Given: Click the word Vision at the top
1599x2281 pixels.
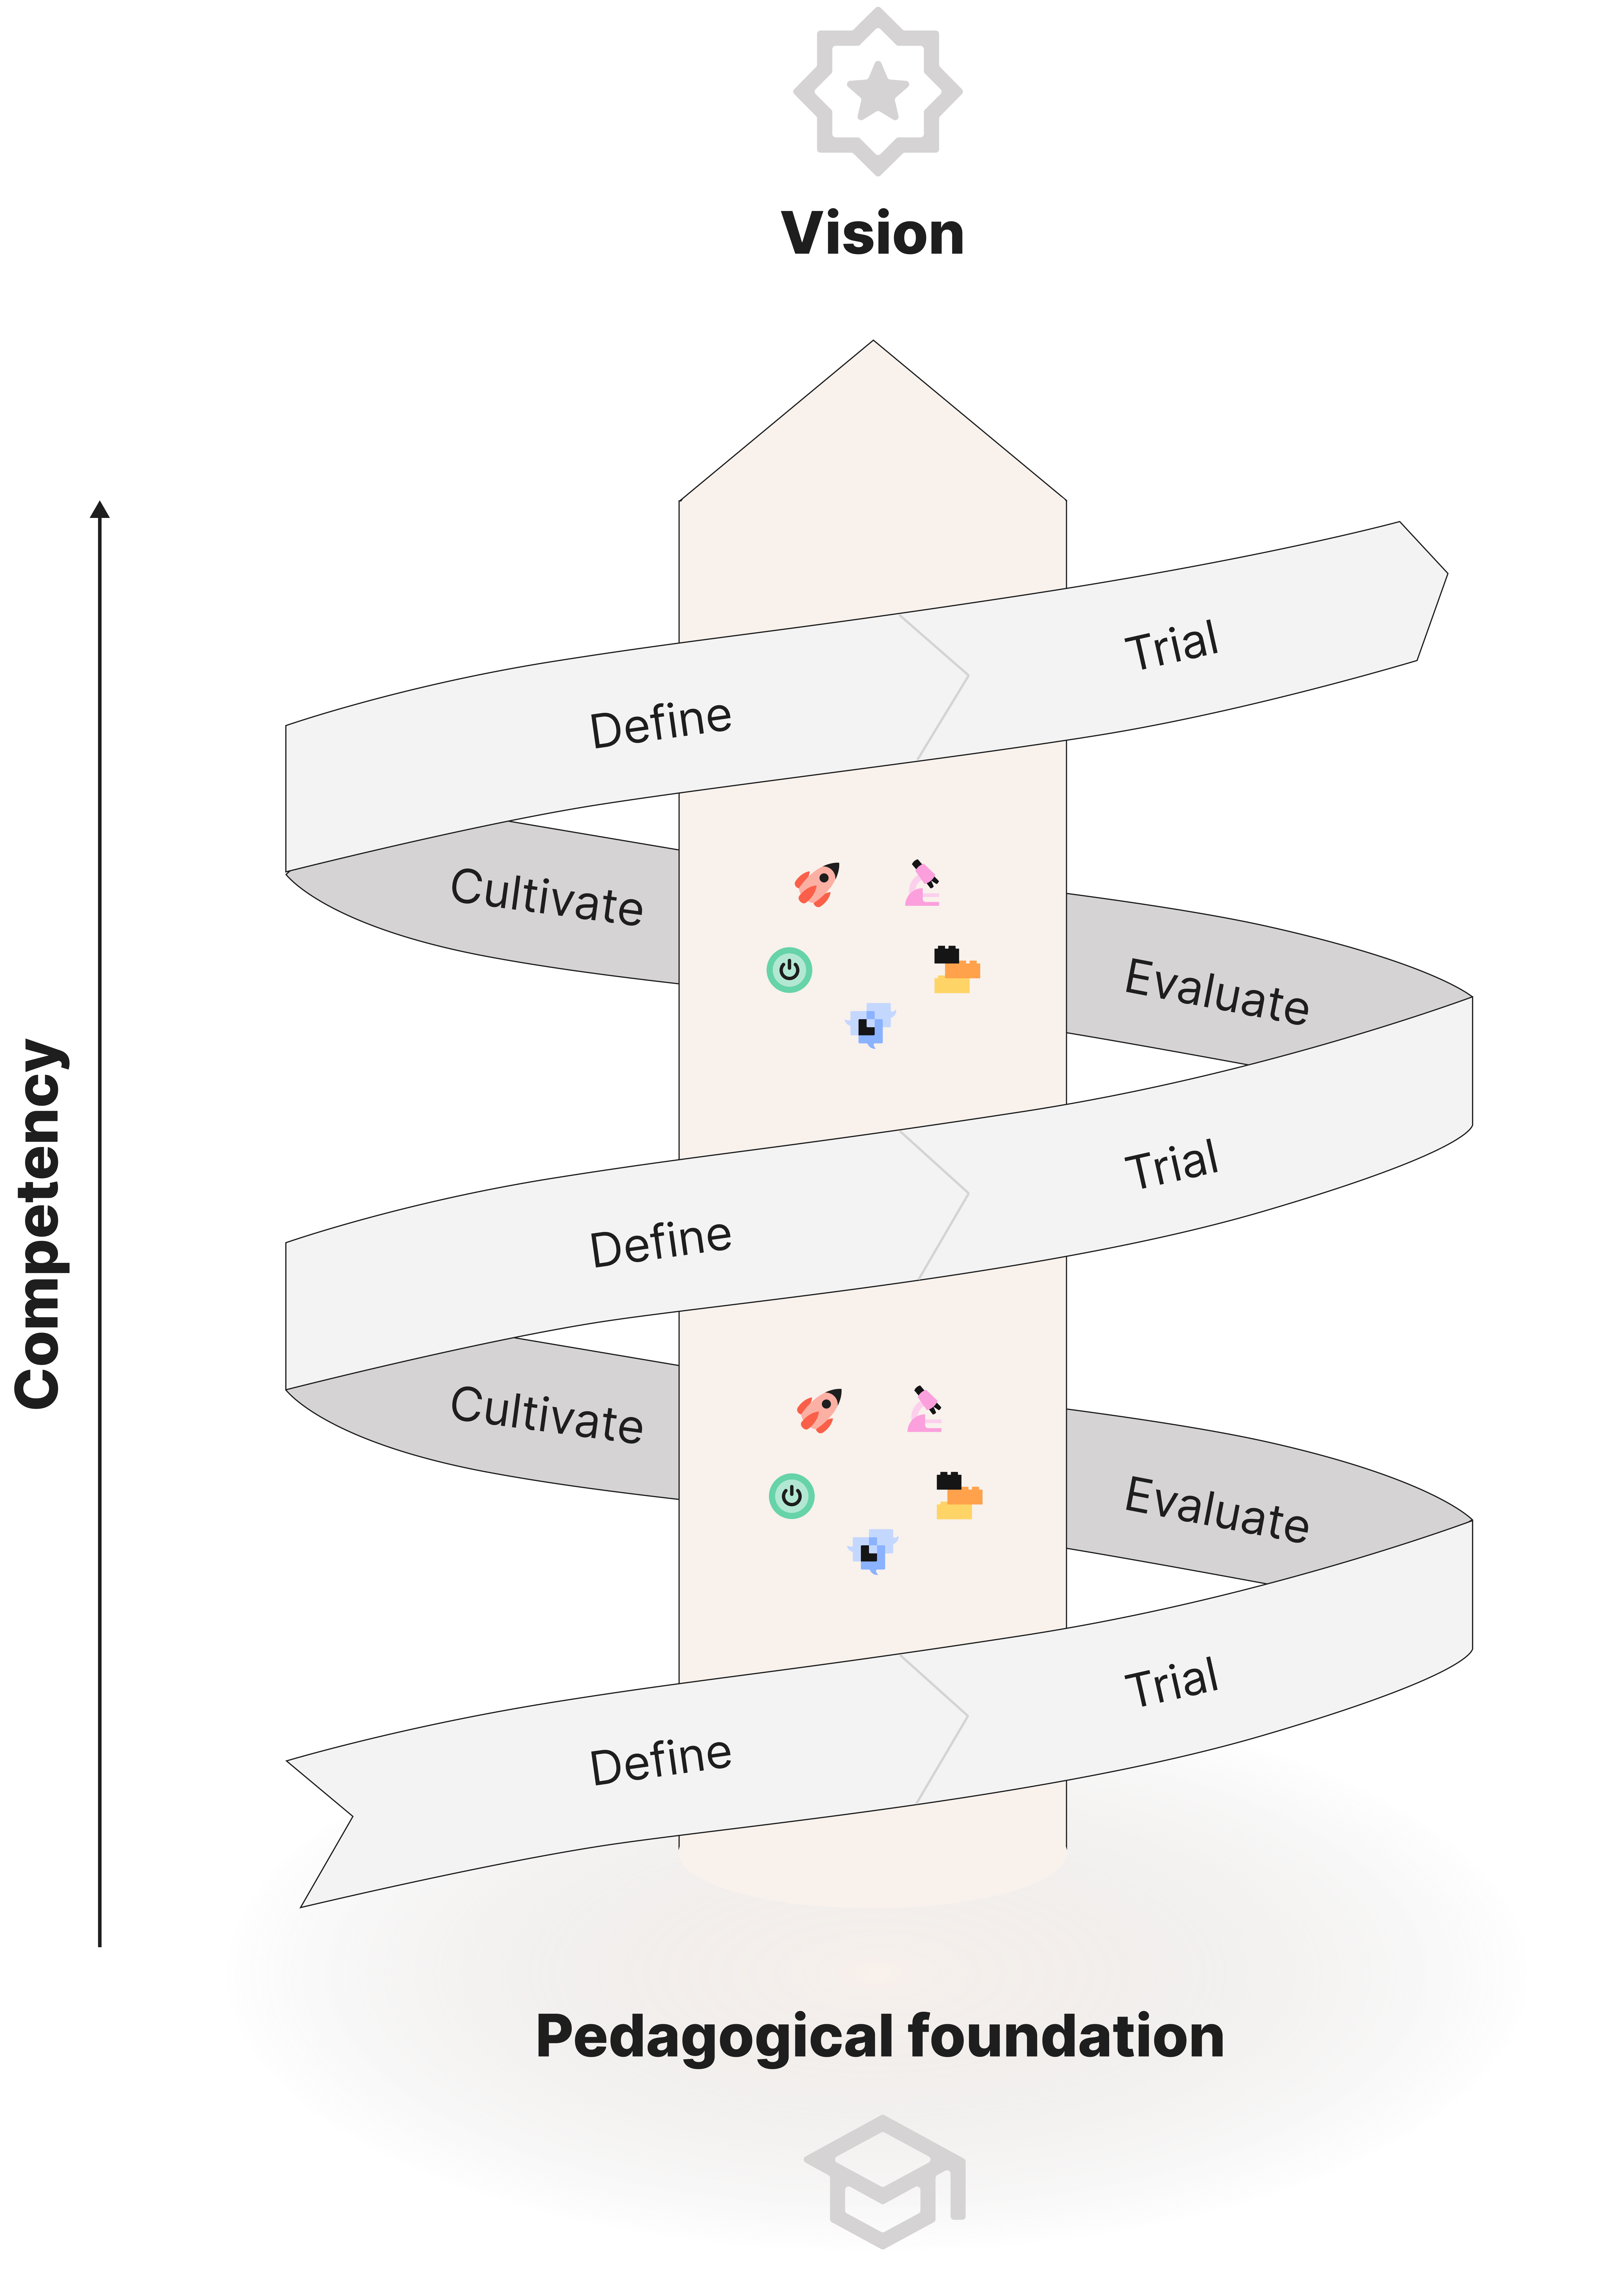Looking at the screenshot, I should pyautogui.click(x=873, y=234).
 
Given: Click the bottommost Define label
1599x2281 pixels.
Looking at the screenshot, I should pyautogui.click(x=660, y=1761).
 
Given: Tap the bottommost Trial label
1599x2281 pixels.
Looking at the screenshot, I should pyautogui.click(x=1172, y=1683).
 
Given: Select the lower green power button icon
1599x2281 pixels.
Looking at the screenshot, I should pyautogui.click(x=792, y=1495).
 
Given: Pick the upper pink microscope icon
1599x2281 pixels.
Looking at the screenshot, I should pyautogui.click(x=923, y=883).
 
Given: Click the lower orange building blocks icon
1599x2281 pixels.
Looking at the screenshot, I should pyautogui.click(x=958, y=1496).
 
